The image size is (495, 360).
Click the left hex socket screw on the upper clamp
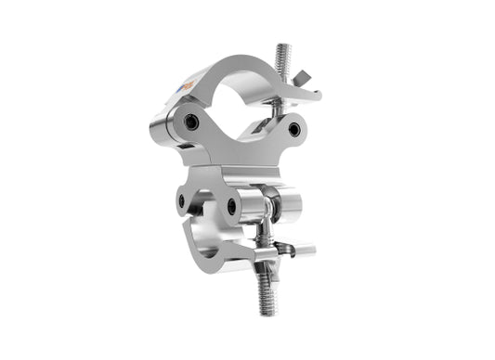(x=191, y=122)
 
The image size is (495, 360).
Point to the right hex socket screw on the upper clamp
(x=294, y=130)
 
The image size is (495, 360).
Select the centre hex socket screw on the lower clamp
(x=232, y=206)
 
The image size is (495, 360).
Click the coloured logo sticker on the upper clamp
(x=189, y=86)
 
